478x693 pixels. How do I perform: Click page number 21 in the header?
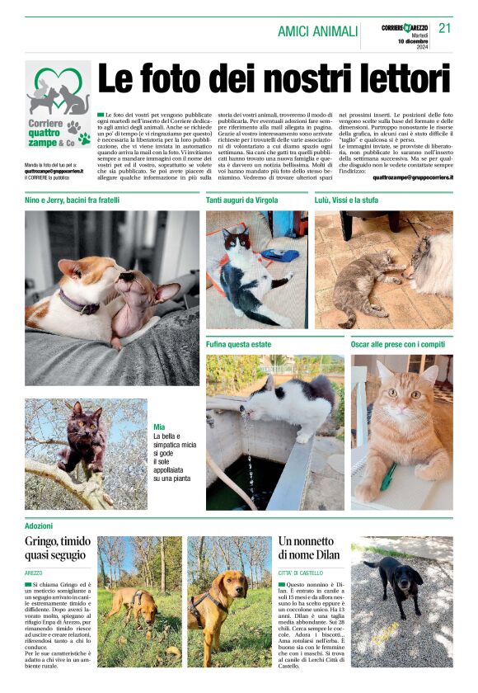tap(445, 28)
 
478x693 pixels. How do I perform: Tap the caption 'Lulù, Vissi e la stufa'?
tap(348, 200)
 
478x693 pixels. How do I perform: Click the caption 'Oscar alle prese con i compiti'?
tap(398, 343)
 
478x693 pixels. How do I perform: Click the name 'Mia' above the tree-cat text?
tap(159, 427)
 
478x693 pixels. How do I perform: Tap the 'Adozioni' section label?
tap(40, 525)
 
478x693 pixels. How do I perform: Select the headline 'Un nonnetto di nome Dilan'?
tap(309, 548)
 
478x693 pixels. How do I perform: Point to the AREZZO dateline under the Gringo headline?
tap(34, 572)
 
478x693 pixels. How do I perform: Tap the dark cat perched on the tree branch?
tap(87, 437)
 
